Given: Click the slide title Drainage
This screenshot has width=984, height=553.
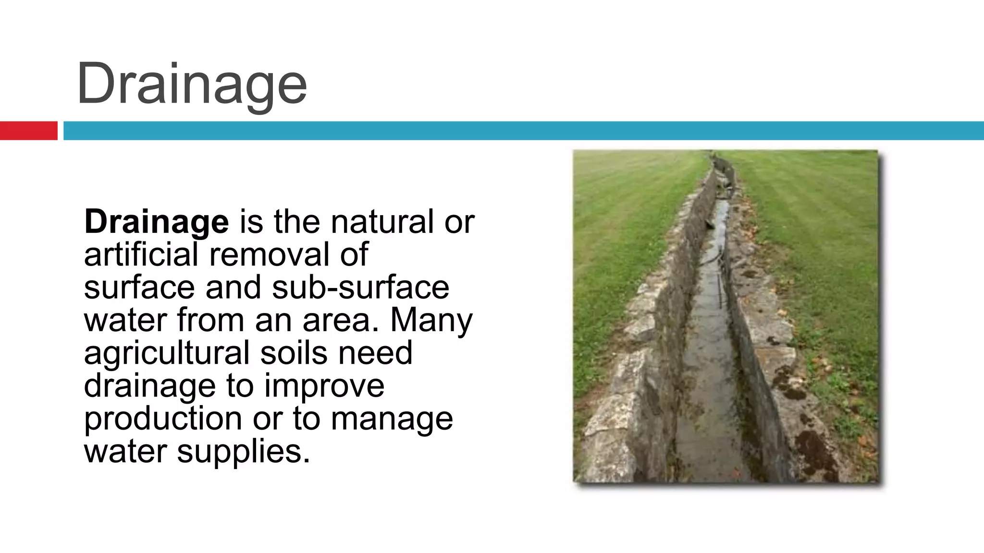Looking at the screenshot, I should coord(191,84).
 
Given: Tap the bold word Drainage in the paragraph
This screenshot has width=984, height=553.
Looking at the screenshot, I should coord(156,222).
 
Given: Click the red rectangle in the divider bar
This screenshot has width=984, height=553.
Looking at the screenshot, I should coord(28,131).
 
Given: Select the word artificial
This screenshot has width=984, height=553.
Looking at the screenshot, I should coord(141,254).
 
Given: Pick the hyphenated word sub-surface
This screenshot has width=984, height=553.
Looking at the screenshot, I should coord(360,287).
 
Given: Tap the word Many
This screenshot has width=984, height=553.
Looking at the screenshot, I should coord(431,320).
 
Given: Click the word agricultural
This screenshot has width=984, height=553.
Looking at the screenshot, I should coord(167,352).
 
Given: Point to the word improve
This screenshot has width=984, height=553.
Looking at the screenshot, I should coord(324,385).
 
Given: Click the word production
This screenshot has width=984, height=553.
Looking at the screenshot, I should coord(163,418).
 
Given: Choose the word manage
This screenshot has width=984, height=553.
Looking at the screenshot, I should coord(392,418).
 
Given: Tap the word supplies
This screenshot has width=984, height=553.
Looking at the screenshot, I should coord(244,451).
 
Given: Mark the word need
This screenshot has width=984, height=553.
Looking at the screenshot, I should coord(375,352).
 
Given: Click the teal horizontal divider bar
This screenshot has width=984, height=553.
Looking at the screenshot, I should coord(523,131).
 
